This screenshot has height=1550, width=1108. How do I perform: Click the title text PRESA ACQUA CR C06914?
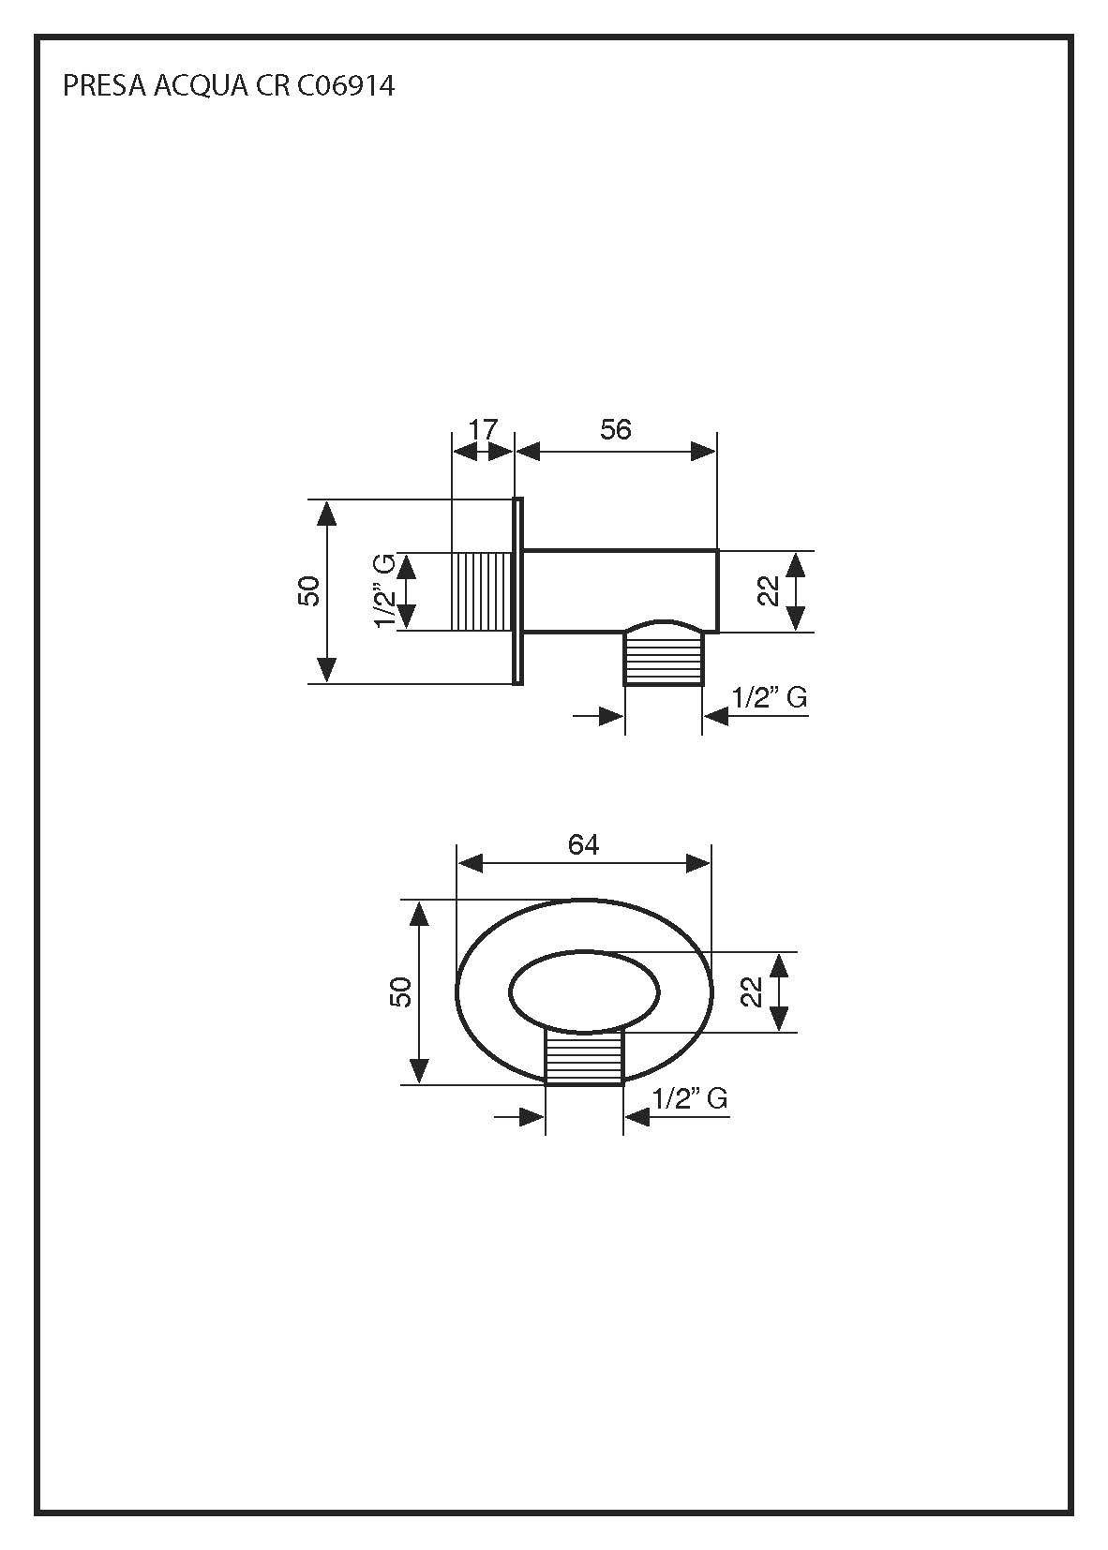228,86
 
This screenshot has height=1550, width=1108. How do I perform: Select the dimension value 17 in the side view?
483,430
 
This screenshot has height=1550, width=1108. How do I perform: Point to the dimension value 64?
583,844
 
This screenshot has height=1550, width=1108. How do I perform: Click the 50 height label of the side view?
310,590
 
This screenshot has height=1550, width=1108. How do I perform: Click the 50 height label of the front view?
401,991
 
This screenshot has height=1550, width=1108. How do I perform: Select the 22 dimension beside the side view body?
769,591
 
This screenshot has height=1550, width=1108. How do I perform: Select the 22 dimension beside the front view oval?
752,991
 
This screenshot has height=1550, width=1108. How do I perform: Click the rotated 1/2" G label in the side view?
384,591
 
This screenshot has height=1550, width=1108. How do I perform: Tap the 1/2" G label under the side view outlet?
769,697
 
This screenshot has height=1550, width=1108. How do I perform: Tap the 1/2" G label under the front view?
689,1098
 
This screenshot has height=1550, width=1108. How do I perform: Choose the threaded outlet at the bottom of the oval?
584,1059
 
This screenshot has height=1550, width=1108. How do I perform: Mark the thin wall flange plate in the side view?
517,590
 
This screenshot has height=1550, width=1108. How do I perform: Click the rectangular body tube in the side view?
619,590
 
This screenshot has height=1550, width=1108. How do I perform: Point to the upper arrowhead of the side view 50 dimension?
326,514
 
